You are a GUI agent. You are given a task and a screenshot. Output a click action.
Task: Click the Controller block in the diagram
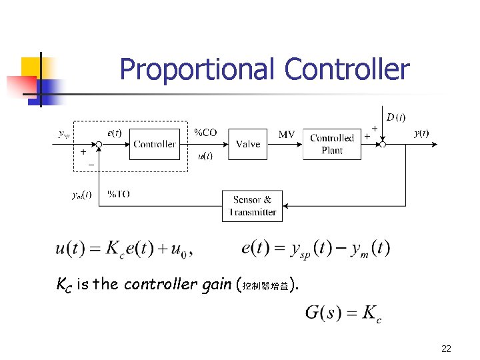(x=155, y=144)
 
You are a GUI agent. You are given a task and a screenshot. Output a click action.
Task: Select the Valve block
(x=248, y=144)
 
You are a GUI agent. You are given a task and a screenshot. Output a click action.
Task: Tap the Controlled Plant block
(x=332, y=144)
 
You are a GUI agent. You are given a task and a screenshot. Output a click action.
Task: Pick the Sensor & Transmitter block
(x=252, y=206)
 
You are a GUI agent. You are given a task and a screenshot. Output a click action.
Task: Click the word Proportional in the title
(x=197, y=69)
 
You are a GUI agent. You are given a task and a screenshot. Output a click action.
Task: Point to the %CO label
(x=205, y=133)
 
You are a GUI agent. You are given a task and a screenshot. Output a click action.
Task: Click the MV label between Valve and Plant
(x=287, y=135)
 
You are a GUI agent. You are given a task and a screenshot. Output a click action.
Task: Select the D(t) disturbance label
(x=396, y=117)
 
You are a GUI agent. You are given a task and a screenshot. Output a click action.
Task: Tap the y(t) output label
(x=421, y=133)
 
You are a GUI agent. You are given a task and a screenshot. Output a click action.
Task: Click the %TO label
(x=118, y=194)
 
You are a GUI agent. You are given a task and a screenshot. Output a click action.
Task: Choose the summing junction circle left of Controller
(x=98, y=144)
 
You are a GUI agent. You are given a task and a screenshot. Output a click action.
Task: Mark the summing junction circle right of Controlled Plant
(x=383, y=144)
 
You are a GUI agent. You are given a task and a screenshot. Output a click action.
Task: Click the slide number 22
(x=446, y=349)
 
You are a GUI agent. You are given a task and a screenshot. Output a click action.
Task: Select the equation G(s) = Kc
(x=343, y=313)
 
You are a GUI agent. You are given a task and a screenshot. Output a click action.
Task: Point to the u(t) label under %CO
(x=205, y=156)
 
